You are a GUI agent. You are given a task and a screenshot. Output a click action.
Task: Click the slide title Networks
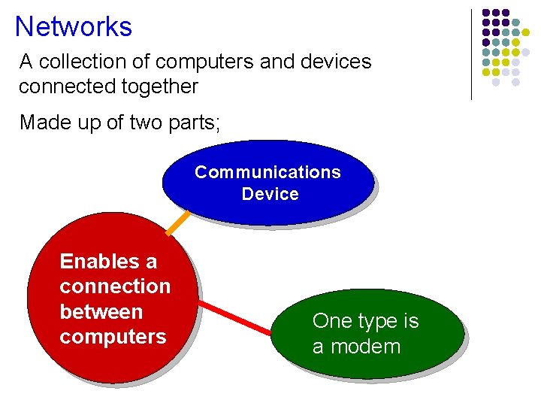(73, 27)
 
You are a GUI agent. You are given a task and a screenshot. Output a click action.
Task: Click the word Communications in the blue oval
(267, 172)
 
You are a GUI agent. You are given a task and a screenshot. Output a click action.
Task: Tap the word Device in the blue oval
(270, 194)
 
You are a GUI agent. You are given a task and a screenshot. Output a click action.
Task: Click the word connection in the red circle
(115, 286)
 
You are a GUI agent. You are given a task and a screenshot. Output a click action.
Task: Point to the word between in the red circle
(101, 311)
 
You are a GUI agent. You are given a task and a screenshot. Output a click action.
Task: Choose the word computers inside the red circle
(113, 336)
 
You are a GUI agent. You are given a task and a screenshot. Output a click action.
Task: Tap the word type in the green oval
(371, 322)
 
